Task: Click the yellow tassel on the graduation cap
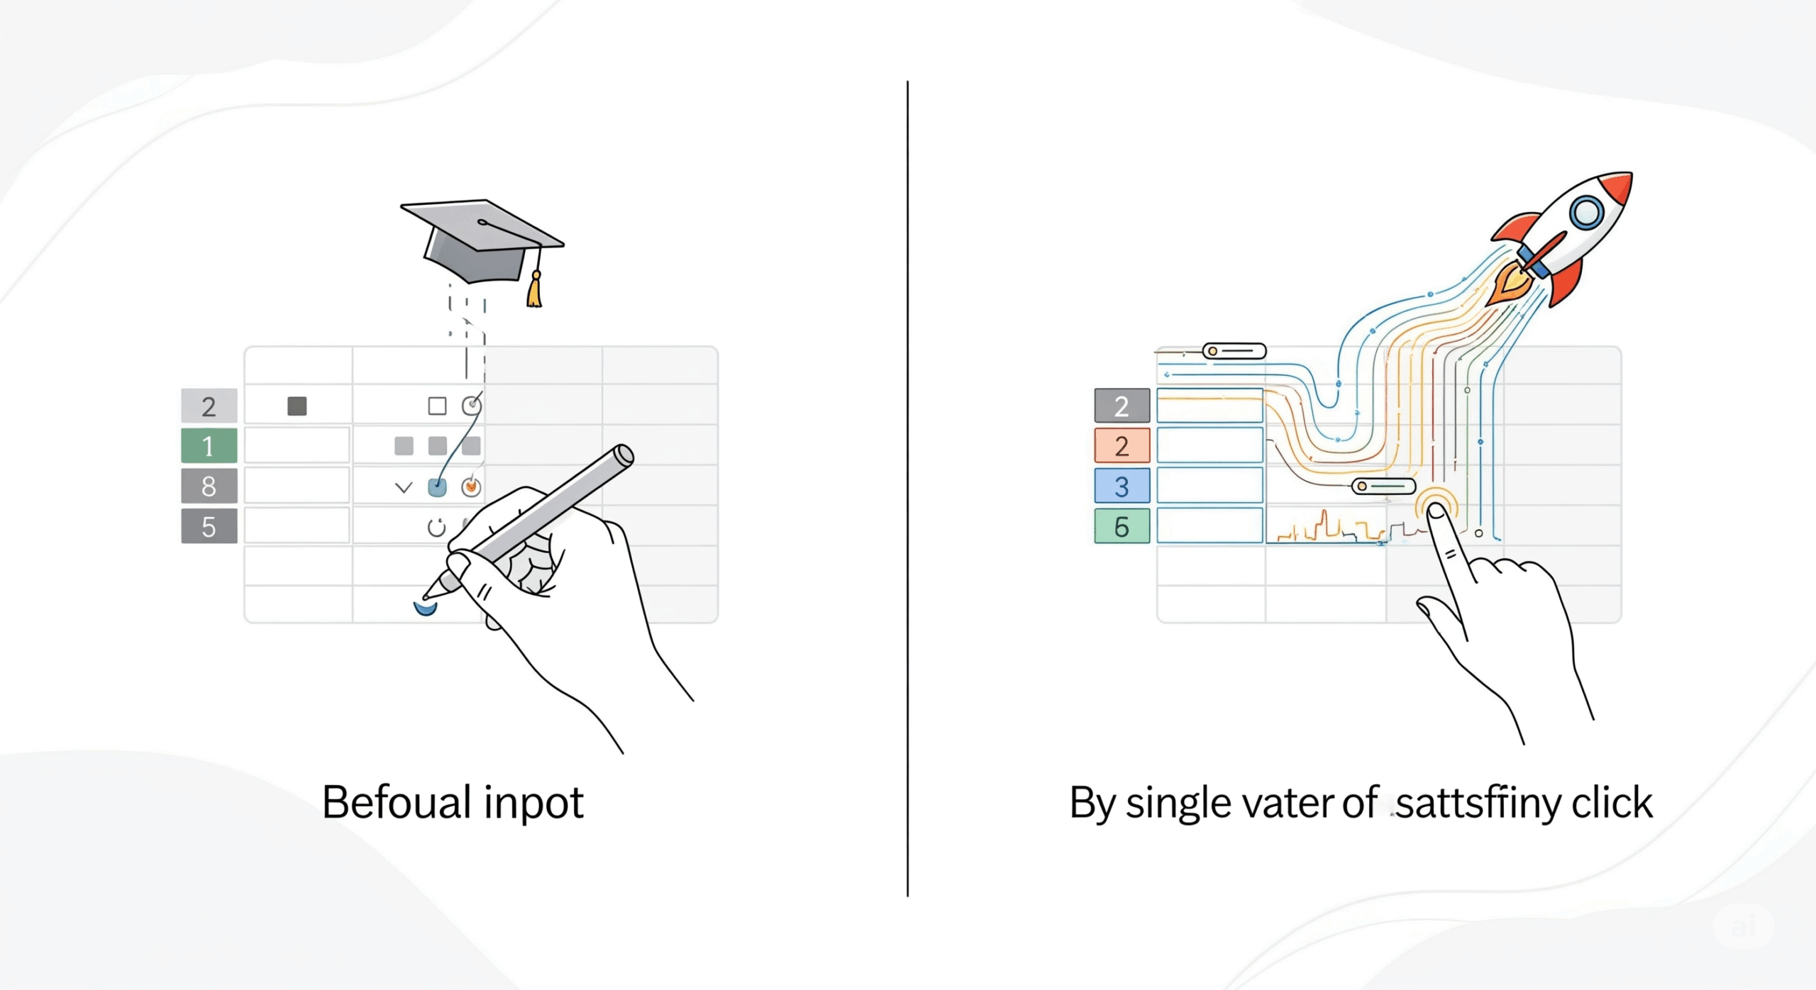[534, 291]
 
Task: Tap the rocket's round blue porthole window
[1586, 211]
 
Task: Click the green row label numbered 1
[209, 446]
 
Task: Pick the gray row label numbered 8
[209, 486]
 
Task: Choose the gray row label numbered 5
[209, 526]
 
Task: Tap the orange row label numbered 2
[1122, 446]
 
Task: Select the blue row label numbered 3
[1122, 486]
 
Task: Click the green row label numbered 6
[1122, 526]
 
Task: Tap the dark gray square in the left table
[297, 406]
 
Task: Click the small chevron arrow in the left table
[404, 487]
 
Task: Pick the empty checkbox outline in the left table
[437, 406]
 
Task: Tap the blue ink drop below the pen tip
[425, 608]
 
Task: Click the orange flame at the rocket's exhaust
[1510, 282]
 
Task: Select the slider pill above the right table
[1234, 350]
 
